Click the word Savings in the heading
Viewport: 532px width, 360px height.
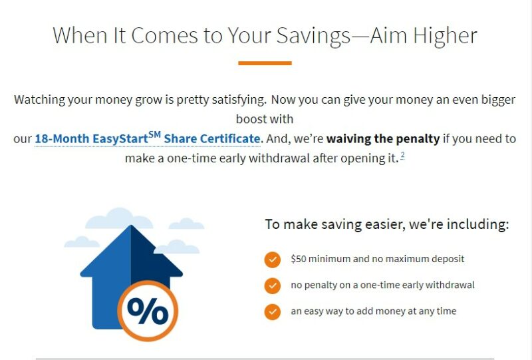point(313,36)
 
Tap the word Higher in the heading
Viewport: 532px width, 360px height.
point(445,36)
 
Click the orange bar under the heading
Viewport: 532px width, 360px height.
point(265,63)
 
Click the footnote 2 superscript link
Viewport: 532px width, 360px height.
point(402,155)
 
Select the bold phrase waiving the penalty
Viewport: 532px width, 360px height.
point(383,139)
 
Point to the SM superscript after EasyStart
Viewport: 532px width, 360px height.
point(154,135)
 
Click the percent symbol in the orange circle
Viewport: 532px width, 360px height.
point(148,310)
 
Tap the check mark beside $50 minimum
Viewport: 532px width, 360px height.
point(272,260)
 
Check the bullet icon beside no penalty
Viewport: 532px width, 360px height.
point(272,285)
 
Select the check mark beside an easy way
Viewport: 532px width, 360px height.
point(272,312)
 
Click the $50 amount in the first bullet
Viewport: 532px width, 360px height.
point(298,259)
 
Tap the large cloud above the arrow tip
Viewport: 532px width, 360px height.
point(119,218)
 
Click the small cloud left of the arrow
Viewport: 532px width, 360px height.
point(82,242)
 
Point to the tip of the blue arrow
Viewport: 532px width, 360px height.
point(131,226)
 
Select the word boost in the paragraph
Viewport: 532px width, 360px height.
point(251,119)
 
